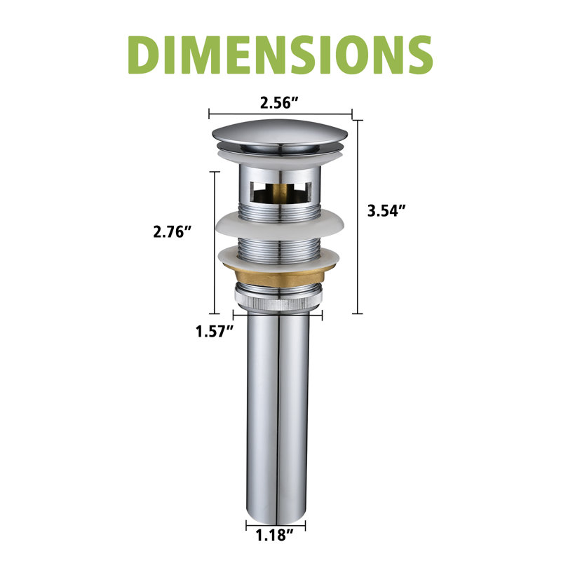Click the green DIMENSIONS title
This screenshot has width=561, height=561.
tap(280, 55)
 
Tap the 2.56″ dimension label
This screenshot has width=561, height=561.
tap(279, 103)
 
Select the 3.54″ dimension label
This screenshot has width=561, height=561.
tap(387, 210)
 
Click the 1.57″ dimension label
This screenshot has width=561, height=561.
tap(215, 331)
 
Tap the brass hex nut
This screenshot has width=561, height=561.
tap(279, 276)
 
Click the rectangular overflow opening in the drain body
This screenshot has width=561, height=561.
tap(280, 192)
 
